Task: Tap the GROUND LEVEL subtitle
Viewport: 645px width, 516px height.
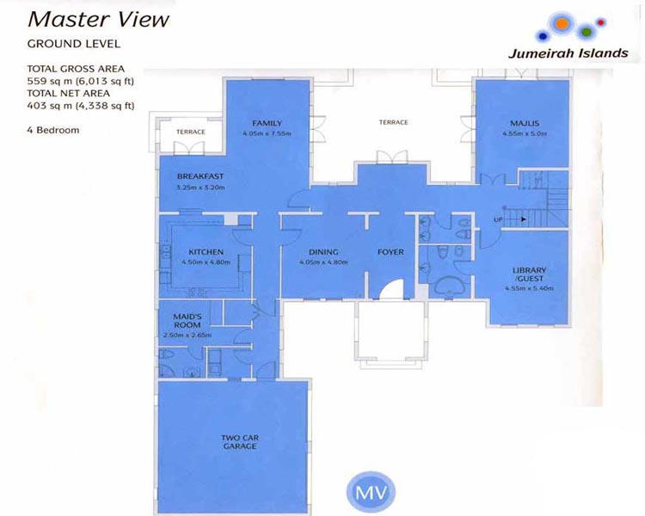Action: pos(73,43)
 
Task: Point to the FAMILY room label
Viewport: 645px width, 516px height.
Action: pos(267,123)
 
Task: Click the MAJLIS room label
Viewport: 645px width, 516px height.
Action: pos(523,123)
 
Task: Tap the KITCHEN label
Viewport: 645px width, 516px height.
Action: pos(205,252)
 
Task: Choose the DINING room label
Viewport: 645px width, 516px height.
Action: pos(323,252)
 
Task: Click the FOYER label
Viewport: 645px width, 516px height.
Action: pos(390,252)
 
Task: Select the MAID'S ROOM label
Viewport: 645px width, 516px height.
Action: pos(187,321)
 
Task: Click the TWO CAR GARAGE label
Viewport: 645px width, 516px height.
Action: pos(241,442)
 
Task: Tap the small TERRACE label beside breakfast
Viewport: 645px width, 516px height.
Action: pos(190,132)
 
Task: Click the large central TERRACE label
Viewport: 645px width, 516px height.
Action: pos(393,123)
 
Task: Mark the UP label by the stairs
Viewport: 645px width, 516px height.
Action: pos(497,220)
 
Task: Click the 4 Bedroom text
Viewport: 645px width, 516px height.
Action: pos(54,130)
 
